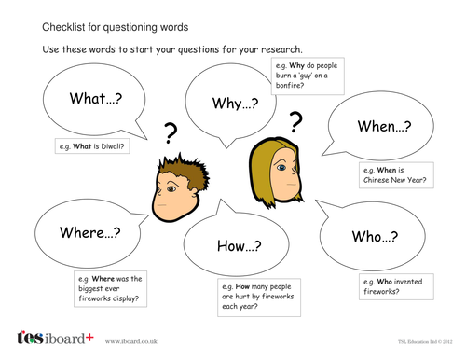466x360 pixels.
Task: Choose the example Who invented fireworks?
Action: tap(391, 285)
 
